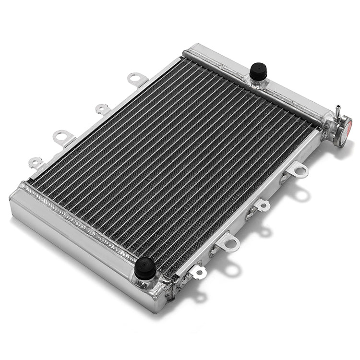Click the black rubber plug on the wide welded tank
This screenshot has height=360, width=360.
click(x=144, y=267)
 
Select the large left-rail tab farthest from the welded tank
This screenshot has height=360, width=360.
click(x=137, y=79)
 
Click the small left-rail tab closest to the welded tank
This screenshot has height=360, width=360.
click(x=36, y=163)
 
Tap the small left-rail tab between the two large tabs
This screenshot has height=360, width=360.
click(x=103, y=109)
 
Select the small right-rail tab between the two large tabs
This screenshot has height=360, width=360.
click(x=262, y=205)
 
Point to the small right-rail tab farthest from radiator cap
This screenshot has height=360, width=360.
click(x=198, y=272)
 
